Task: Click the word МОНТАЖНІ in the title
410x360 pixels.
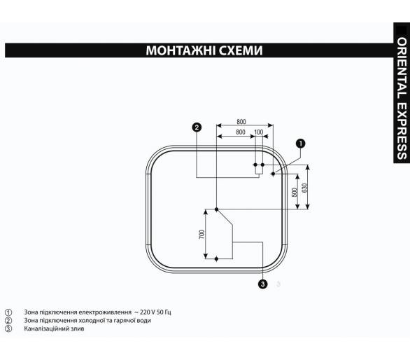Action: pos(181,50)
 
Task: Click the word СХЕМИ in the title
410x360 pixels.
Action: pos(241,50)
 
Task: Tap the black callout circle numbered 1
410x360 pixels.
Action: pos(300,144)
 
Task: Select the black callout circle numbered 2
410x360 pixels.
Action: pos(197,127)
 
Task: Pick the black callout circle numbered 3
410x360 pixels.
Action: pos(262,284)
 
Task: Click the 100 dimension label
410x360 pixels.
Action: pos(259,132)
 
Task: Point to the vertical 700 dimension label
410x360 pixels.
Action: pos(202,234)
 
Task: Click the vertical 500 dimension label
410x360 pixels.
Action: pos(295,192)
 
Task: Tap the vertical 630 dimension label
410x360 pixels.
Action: pos(304,188)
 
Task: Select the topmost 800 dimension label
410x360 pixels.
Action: pos(241,122)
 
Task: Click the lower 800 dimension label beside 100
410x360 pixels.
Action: pos(241,132)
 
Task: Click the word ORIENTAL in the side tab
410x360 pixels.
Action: pos(402,68)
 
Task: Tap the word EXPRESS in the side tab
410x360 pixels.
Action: pos(402,131)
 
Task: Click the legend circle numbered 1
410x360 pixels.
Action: pos(8,312)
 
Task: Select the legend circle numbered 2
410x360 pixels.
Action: pos(8,321)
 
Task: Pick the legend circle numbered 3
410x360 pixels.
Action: pos(8,328)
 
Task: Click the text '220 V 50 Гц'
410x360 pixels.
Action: pos(155,312)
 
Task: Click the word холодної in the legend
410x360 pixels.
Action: pos(92,321)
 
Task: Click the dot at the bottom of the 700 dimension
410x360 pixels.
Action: pos(216,259)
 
